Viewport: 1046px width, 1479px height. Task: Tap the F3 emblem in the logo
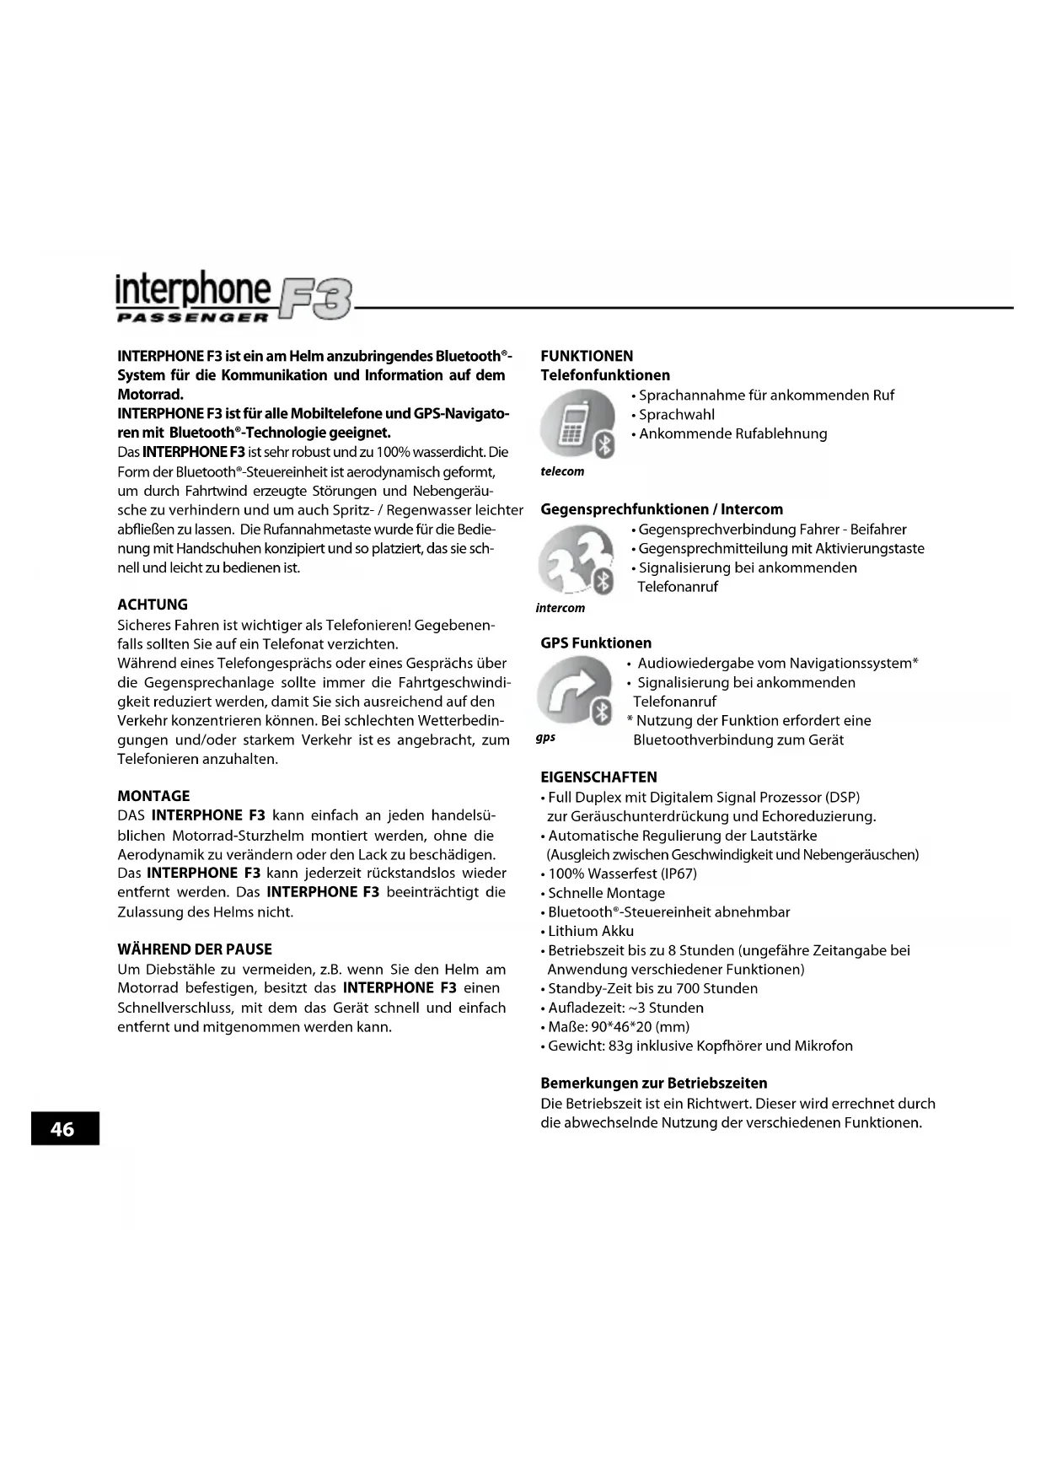(x=317, y=299)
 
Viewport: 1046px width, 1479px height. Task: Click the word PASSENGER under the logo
(x=192, y=318)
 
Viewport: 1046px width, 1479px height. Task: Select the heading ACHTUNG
(x=153, y=605)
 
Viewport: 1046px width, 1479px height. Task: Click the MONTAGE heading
(x=153, y=796)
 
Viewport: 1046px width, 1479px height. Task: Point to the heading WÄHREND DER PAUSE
(x=195, y=949)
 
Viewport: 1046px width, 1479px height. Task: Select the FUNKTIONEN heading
(x=587, y=356)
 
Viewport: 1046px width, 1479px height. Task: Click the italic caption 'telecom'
(x=562, y=471)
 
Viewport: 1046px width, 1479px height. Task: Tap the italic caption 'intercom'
(x=561, y=608)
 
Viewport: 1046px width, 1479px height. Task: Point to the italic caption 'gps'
(x=546, y=738)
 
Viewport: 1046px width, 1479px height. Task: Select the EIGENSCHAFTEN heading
(x=598, y=777)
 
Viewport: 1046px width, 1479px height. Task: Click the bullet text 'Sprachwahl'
(x=677, y=415)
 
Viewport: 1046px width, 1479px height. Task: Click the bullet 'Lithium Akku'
(x=591, y=931)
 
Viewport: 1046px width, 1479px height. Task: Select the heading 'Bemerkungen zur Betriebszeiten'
(x=653, y=1084)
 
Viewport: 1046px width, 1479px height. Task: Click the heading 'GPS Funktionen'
(x=596, y=643)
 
